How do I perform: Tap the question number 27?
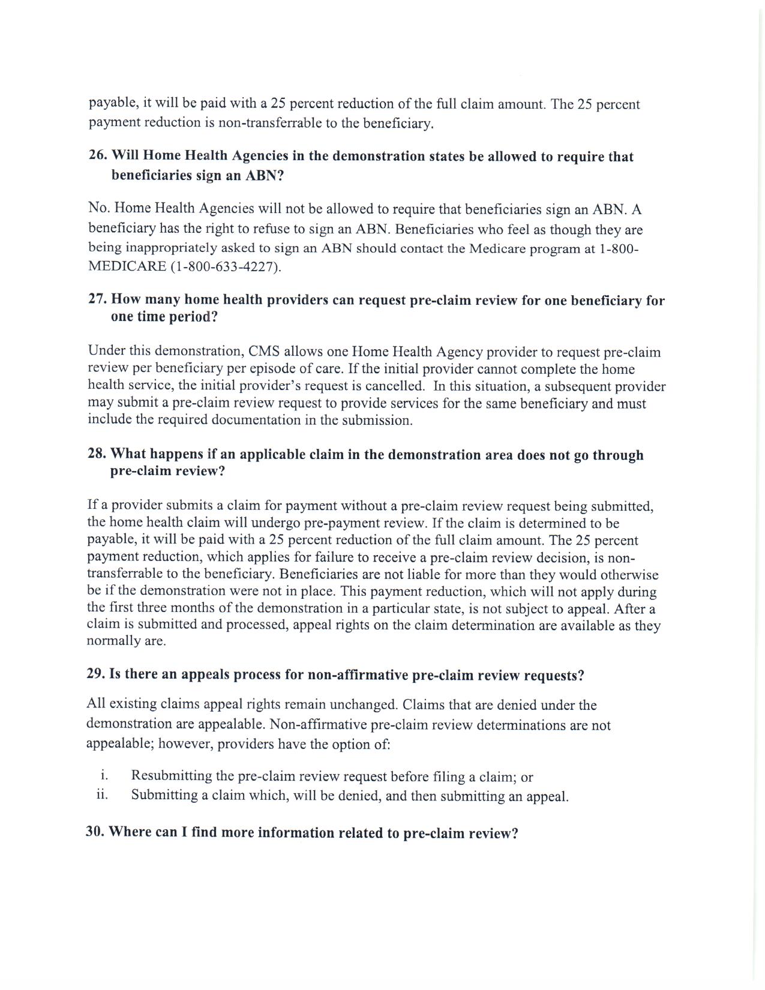[x=98, y=299]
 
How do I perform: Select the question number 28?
[x=97, y=454]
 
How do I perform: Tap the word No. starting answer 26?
[x=98, y=208]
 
